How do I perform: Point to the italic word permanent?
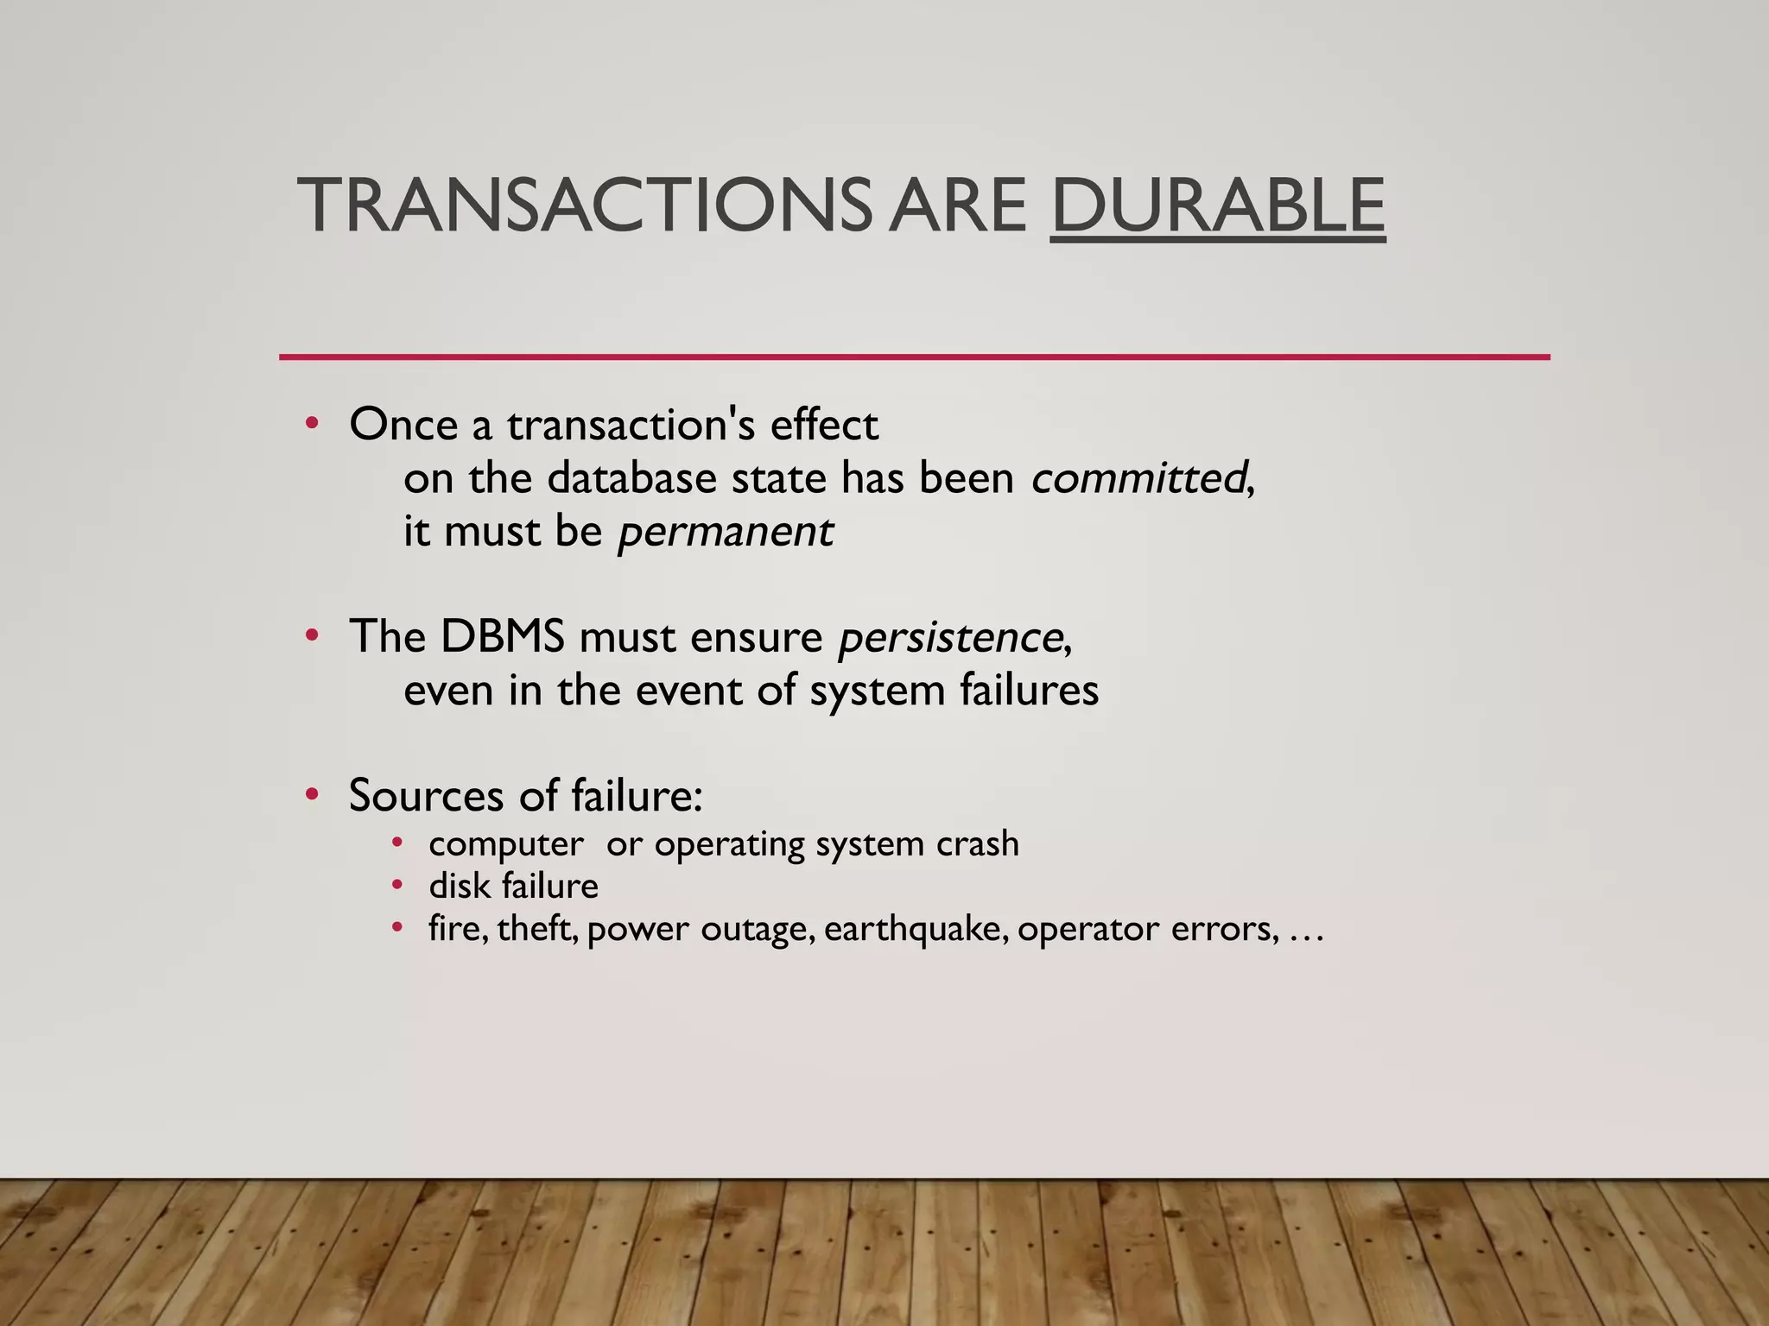pos(726,531)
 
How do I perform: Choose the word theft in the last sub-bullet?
pos(536,929)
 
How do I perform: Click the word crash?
pos(977,843)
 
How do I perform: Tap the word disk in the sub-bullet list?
pos(459,886)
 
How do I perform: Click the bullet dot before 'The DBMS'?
pos(312,637)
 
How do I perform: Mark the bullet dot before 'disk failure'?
pos(396,884)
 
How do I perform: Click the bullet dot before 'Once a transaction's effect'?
pos(312,424)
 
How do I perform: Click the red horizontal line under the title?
pos(914,357)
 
